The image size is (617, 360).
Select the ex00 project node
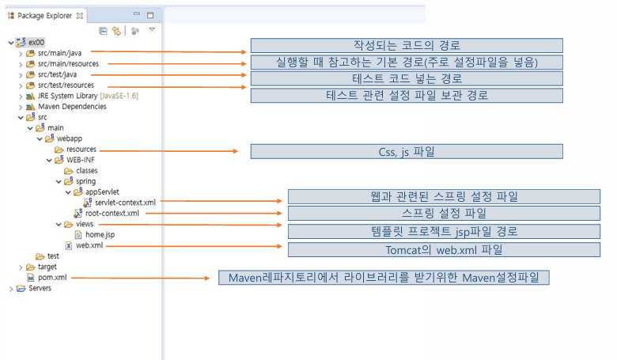36,42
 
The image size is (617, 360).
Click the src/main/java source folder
59,53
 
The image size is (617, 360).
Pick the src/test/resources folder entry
66,85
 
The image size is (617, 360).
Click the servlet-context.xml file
125,203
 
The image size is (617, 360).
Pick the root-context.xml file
112,213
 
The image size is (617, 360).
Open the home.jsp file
100,234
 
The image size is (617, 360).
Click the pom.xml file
52,278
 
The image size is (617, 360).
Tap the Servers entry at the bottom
40,288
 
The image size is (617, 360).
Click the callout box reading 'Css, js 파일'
407,151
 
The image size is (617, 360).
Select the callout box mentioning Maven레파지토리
383,278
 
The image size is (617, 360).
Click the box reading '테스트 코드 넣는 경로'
407,78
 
